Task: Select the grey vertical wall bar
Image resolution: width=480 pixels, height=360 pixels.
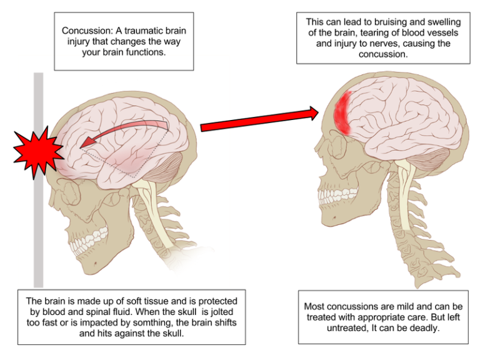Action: coord(38,237)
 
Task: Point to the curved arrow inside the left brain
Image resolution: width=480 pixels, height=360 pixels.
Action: coord(125,128)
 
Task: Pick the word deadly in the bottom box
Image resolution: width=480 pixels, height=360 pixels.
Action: coord(423,328)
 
